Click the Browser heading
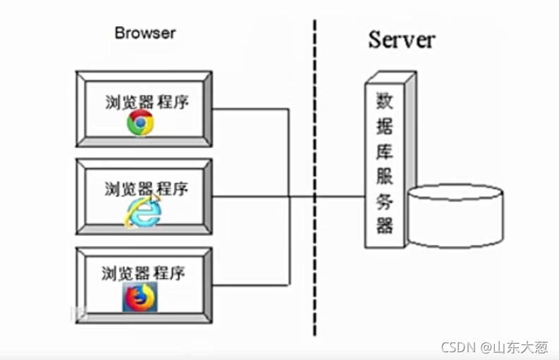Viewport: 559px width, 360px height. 145,32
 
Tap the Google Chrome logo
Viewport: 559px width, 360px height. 141,123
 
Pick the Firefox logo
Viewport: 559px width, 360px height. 139,297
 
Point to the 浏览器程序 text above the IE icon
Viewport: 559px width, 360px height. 146,189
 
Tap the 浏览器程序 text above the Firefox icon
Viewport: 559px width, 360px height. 143,273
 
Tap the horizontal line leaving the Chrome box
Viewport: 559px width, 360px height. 250,109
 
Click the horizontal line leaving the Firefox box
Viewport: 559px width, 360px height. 250,285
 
